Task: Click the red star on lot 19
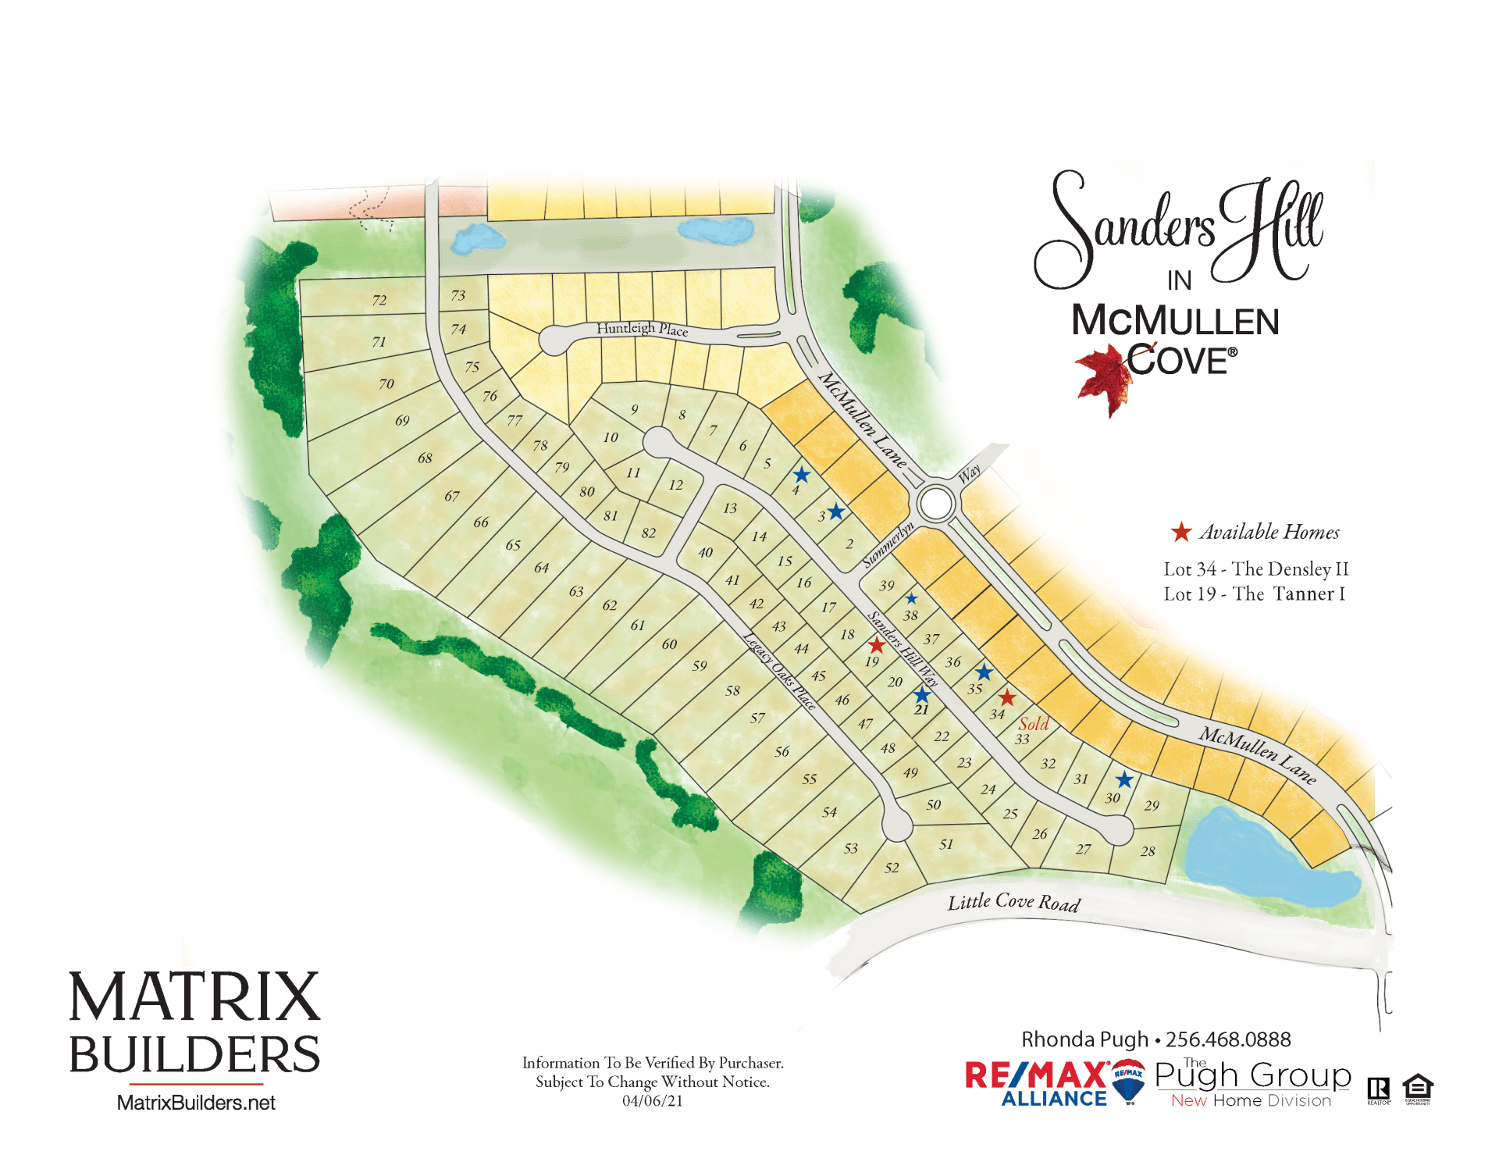click(x=877, y=645)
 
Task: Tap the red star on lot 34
click(x=1007, y=697)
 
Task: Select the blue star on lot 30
click(x=1124, y=779)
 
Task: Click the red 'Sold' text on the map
click(x=1033, y=724)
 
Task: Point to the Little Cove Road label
click(x=1013, y=903)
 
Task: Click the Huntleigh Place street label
click(x=642, y=329)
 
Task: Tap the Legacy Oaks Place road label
click(x=778, y=671)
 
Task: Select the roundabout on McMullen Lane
click(x=935, y=504)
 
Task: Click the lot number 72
click(x=379, y=300)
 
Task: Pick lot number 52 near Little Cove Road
click(x=892, y=868)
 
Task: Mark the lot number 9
click(x=635, y=409)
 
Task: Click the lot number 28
click(x=1147, y=851)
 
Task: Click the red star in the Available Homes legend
click(x=1180, y=533)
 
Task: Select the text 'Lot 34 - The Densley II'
click(x=1255, y=569)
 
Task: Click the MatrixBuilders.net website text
click(x=196, y=1103)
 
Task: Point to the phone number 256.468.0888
click(x=1228, y=1039)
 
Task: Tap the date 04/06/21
click(x=652, y=1101)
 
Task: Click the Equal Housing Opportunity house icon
click(x=1418, y=1088)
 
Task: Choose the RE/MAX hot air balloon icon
click(x=1128, y=1080)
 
